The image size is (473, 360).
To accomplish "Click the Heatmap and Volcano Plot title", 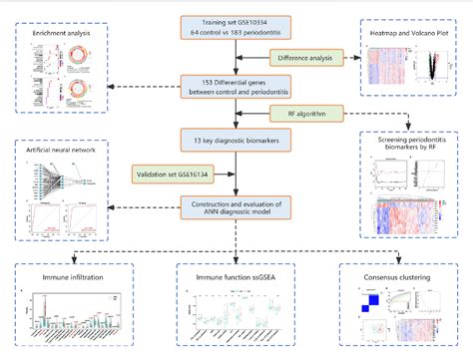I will (410, 35).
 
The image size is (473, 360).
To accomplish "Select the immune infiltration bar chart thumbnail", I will (68, 317).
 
